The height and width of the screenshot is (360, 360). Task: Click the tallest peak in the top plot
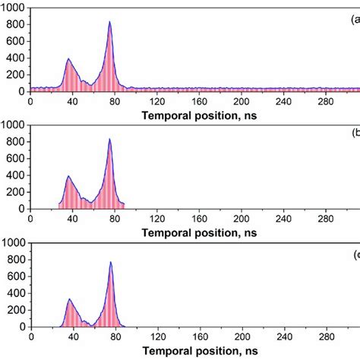coord(110,22)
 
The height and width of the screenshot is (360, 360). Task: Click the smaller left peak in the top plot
coord(68,59)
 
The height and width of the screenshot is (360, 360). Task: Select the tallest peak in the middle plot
coord(110,140)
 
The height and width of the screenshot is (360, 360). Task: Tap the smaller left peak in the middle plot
coord(68,177)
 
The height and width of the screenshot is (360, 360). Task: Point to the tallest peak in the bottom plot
coord(111,263)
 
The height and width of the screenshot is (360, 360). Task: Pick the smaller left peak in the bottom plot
coord(69,299)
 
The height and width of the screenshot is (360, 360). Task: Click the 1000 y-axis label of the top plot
coord(14,7)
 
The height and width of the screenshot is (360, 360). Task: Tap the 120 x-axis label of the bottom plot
coord(156,338)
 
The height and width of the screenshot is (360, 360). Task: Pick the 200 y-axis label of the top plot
coord(16,74)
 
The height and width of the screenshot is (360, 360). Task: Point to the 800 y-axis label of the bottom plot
coord(16,260)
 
